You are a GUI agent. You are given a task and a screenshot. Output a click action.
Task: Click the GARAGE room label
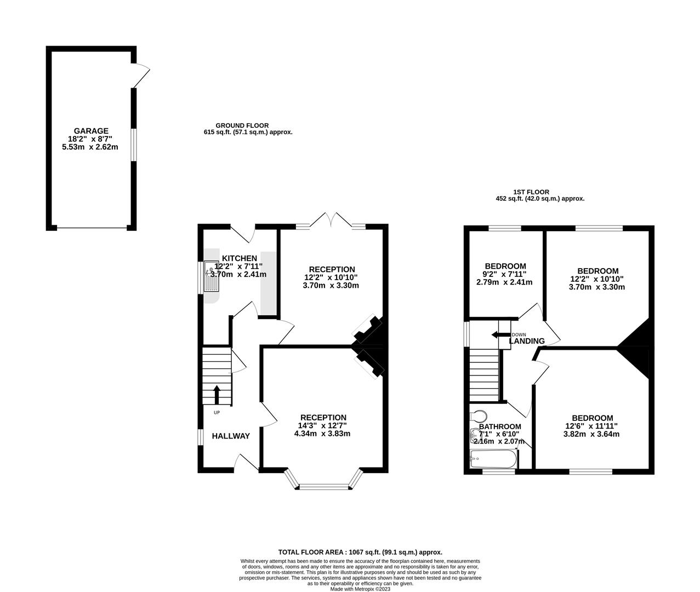coord(91,130)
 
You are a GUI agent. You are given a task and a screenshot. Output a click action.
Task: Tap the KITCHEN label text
coord(240,258)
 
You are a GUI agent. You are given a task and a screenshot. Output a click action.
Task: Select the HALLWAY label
coord(231,436)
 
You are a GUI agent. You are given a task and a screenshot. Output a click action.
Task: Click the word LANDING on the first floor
coord(527,341)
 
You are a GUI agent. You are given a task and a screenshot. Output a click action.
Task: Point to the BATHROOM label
coord(500,426)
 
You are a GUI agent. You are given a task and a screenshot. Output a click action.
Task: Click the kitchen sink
coord(212,277)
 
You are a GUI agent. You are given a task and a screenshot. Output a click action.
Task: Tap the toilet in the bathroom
coord(478,415)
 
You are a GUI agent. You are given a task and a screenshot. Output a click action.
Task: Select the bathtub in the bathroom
coord(493,459)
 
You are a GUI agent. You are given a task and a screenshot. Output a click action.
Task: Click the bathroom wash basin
coord(475,436)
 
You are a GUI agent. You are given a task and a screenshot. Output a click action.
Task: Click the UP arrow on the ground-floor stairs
coord(217,395)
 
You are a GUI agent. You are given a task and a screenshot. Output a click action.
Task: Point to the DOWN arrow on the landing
coord(501,335)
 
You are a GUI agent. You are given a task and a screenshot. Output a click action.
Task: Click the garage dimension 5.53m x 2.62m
coord(90,147)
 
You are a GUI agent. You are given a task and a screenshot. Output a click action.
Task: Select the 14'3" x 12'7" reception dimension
coord(323,426)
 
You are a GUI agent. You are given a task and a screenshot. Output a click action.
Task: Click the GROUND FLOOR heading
coord(242,126)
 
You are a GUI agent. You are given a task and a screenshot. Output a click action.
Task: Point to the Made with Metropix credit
coord(360,589)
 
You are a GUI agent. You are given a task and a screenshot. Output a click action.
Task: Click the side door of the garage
coord(141,76)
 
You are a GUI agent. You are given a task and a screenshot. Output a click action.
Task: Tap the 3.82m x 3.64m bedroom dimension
coord(591,434)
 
